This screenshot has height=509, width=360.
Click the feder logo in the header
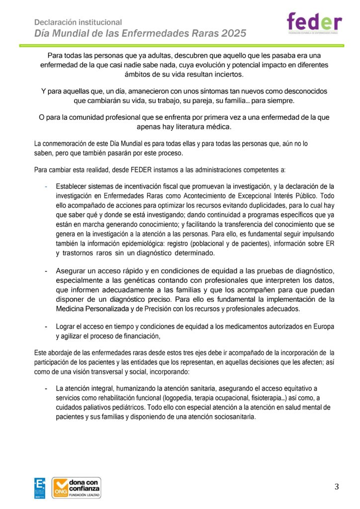click(x=314, y=22)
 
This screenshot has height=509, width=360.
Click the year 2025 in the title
click(x=232, y=34)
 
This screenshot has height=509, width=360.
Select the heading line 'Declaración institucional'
click(x=78, y=22)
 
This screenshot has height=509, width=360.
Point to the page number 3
click(x=337, y=487)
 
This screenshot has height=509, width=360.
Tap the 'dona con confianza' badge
click(x=77, y=488)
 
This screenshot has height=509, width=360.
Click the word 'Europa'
click(x=322, y=327)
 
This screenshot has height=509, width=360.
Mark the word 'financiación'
click(x=136, y=336)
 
